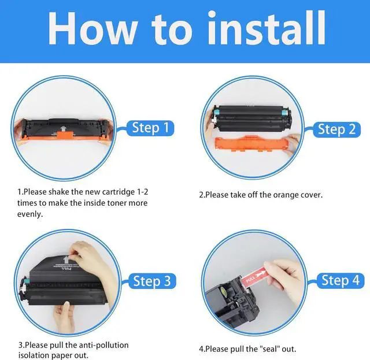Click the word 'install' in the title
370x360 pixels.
tap(267, 28)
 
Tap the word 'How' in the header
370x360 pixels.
tap(92, 28)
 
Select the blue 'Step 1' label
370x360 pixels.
tap(150, 128)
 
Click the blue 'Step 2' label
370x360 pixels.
tap(336, 129)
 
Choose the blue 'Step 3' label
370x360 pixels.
tap(152, 281)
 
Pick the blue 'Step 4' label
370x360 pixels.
tap(341, 280)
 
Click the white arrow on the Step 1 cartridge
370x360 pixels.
tap(63, 129)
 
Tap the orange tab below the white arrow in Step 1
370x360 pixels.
tap(64, 135)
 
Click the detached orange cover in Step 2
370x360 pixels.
tap(252, 143)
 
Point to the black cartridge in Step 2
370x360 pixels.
tap(253, 118)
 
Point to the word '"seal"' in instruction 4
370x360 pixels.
tap(267, 348)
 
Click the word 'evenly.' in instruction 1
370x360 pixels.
tap(30, 214)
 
